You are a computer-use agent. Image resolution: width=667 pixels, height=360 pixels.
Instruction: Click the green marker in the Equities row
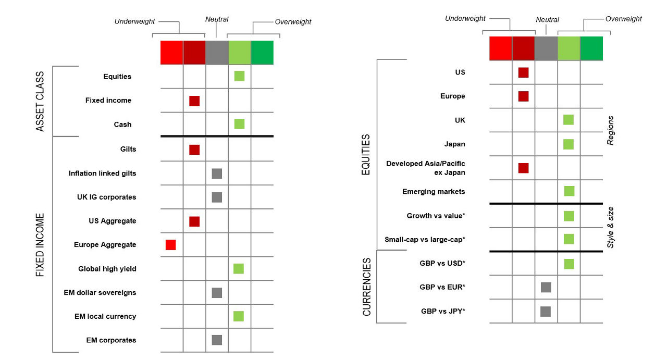point(239,76)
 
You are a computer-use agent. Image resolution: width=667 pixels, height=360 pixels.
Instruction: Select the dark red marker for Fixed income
point(194,101)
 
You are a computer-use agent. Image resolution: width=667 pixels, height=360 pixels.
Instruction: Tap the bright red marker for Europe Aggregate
point(170,245)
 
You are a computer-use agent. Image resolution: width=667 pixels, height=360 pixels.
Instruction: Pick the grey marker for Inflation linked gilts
point(217,173)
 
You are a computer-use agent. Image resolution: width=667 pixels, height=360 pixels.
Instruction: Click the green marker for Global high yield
point(239,269)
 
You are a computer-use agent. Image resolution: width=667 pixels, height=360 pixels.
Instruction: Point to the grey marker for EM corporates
point(217,340)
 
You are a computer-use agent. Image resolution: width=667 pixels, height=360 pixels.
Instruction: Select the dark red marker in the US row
point(523,72)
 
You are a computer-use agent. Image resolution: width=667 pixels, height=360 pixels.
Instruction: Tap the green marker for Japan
point(569,144)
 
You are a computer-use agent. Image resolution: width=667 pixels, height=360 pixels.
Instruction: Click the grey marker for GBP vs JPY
point(546,312)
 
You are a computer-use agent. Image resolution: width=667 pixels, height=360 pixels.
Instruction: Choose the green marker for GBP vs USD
point(569,264)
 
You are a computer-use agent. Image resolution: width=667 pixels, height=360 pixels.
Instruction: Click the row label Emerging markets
point(434,192)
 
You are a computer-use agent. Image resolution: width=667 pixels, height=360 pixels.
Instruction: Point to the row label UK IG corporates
point(106,197)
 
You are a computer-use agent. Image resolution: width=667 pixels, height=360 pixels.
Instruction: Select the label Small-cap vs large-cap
point(425,240)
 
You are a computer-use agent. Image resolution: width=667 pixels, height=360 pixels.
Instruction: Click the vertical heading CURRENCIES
point(367,287)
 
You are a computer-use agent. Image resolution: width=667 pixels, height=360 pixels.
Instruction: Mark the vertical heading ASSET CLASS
point(41,101)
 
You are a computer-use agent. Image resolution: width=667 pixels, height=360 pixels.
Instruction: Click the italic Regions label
point(611,130)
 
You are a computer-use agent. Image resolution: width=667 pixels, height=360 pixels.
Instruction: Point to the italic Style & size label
point(611,227)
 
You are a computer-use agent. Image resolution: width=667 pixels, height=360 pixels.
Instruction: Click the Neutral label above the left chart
point(217,19)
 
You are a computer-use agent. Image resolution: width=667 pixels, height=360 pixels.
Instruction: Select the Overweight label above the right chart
point(623,19)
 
